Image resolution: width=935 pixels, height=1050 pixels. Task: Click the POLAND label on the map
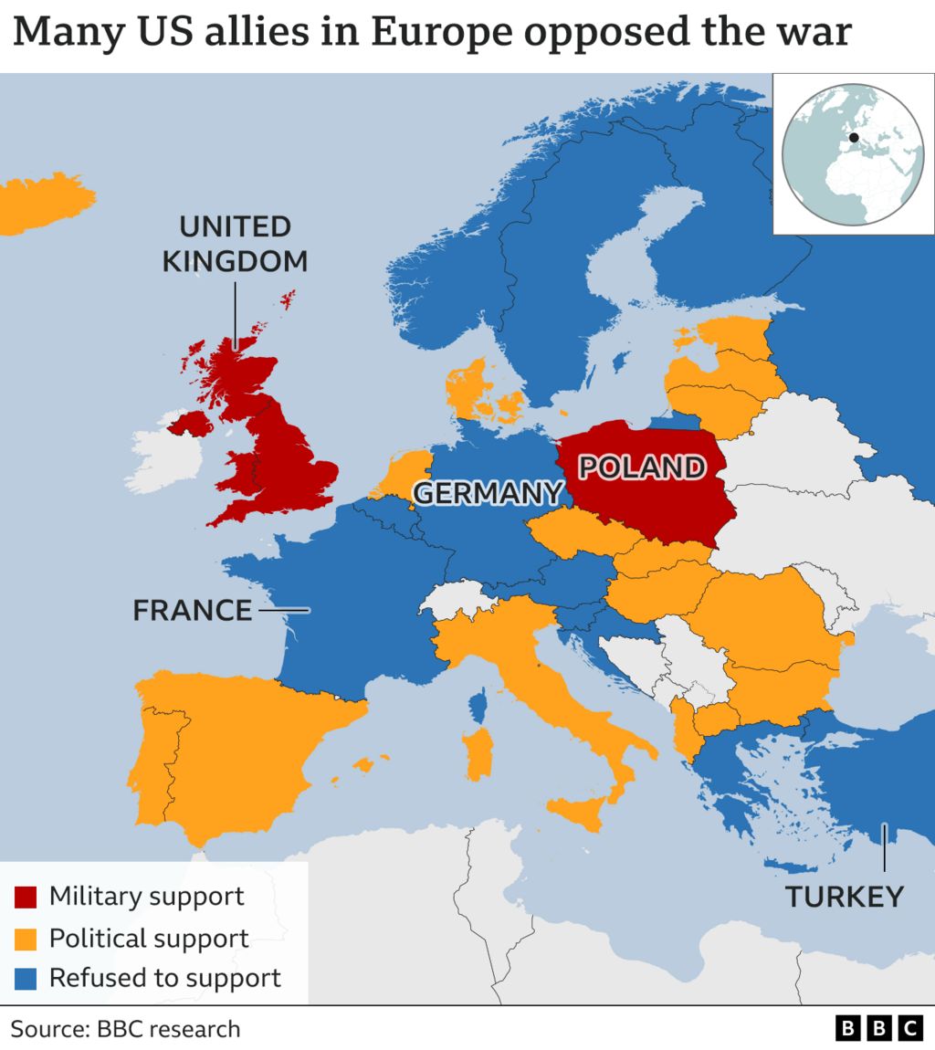click(x=643, y=467)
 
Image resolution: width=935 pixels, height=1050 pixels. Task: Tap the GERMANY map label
click(x=487, y=493)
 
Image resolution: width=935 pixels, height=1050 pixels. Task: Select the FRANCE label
click(x=192, y=610)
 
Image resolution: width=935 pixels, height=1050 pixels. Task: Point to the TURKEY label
click(x=845, y=897)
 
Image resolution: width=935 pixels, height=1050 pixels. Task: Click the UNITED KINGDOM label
click(x=235, y=244)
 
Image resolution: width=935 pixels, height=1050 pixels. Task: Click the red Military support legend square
click(x=26, y=897)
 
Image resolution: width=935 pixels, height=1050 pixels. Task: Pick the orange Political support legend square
click(x=26, y=938)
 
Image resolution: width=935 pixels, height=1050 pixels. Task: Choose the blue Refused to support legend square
click(x=26, y=979)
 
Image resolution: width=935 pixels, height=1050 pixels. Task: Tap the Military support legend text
click(x=146, y=896)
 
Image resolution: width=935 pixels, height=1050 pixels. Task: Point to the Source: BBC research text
click(x=125, y=1029)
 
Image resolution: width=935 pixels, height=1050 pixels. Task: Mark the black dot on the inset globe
click(x=854, y=139)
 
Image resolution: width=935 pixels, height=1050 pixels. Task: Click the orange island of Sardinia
click(x=478, y=752)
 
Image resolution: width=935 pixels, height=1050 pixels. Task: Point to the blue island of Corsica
click(x=477, y=704)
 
